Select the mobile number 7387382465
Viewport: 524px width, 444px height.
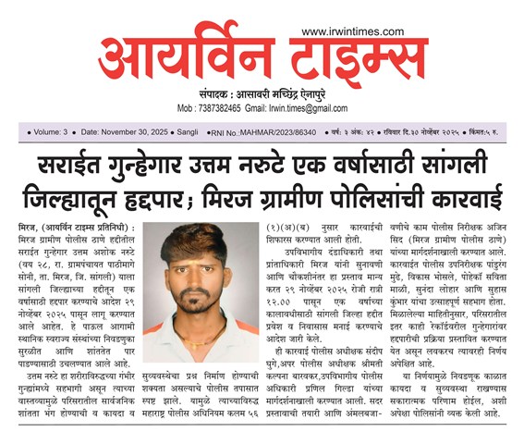228,108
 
